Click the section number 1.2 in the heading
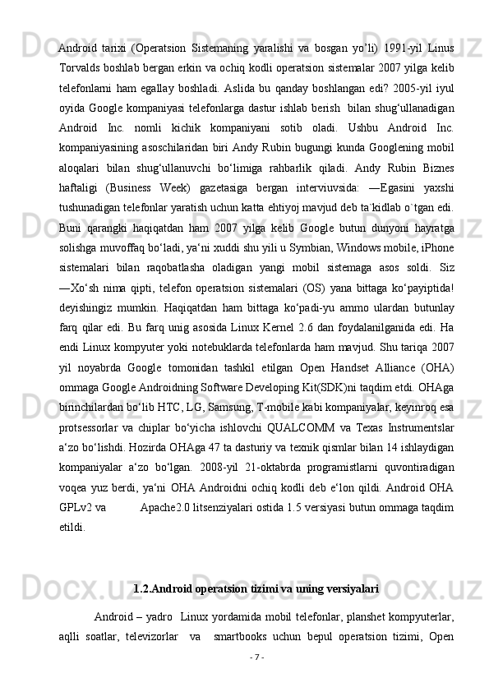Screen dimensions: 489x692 (141, 589)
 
